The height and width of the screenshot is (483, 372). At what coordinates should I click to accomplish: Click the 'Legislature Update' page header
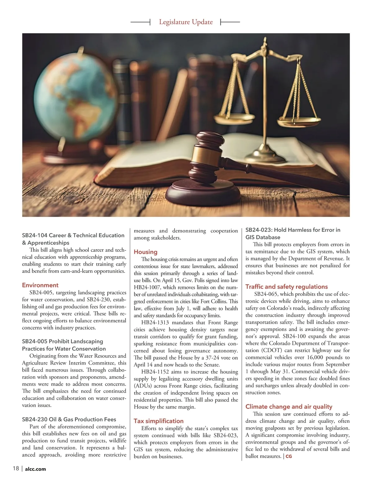point(186,22)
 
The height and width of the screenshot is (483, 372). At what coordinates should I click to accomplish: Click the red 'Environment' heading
point(40,285)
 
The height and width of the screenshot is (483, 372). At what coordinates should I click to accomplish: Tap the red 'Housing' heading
point(145,252)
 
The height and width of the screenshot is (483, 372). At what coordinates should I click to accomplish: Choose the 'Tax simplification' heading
point(158,421)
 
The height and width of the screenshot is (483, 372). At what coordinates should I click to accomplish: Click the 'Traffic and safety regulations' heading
point(286,287)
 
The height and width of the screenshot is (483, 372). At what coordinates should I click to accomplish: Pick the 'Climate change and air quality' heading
point(289,407)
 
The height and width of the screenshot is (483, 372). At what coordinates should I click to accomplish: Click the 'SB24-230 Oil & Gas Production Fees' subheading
point(69,419)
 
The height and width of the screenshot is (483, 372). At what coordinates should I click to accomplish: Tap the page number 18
point(16,468)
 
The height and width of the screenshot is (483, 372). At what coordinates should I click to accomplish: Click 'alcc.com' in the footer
point(35,469)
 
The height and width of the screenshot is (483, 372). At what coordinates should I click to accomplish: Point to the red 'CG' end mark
point(289,456)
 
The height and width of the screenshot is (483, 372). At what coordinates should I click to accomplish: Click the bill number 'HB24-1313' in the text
point(155,323)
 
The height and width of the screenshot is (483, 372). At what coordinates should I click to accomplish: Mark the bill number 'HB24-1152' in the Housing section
point(155,372)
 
